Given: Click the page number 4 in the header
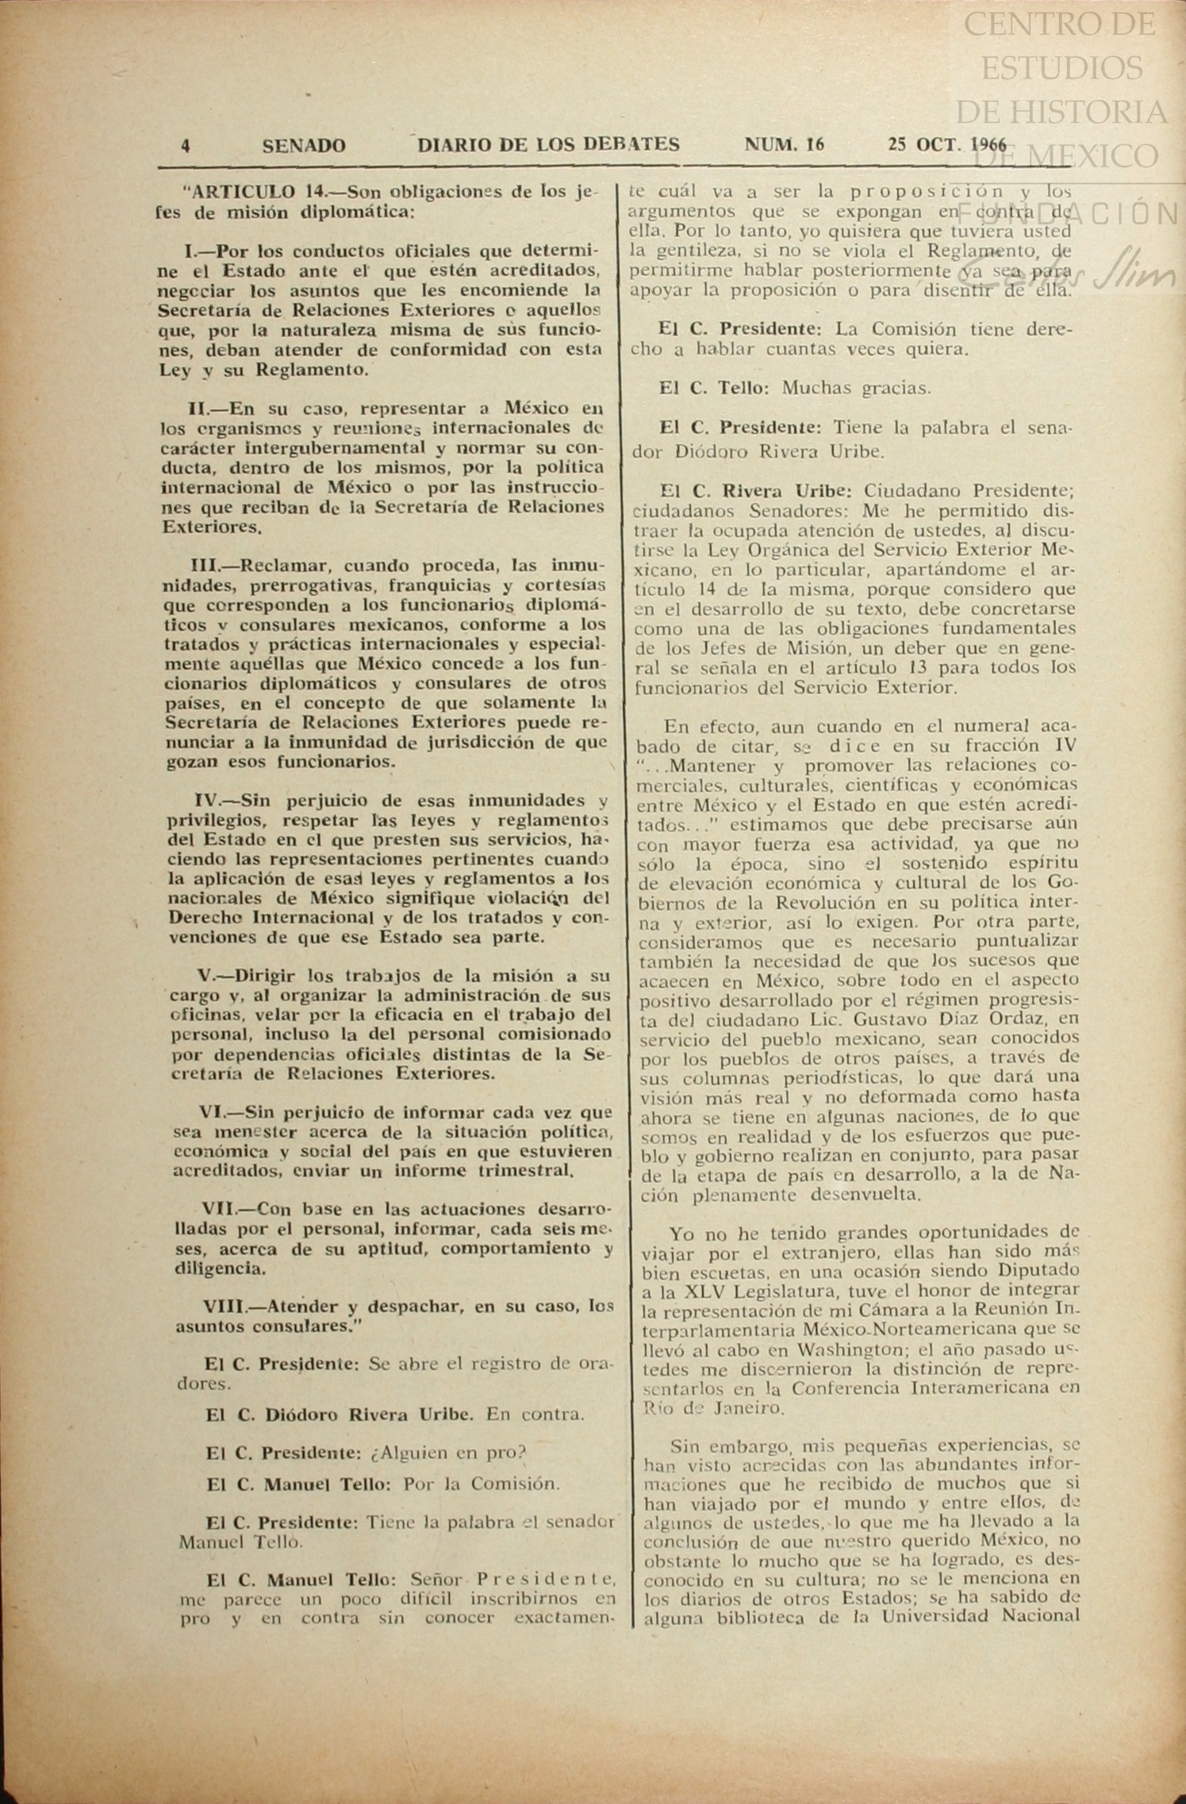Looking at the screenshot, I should pos(186,146).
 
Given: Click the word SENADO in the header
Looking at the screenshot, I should pos(304,146).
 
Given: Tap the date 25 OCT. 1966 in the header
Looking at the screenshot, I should pos(946,144).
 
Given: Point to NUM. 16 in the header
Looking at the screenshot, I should pos(784,144).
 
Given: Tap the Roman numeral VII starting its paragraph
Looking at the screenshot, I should pos(219,1209).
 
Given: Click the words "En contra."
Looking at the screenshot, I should pos(535,1414).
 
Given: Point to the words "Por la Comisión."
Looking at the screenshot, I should pos(482,1484).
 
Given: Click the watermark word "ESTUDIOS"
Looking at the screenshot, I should pos(1062,68).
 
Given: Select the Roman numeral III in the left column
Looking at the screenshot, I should pos(209,566).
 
